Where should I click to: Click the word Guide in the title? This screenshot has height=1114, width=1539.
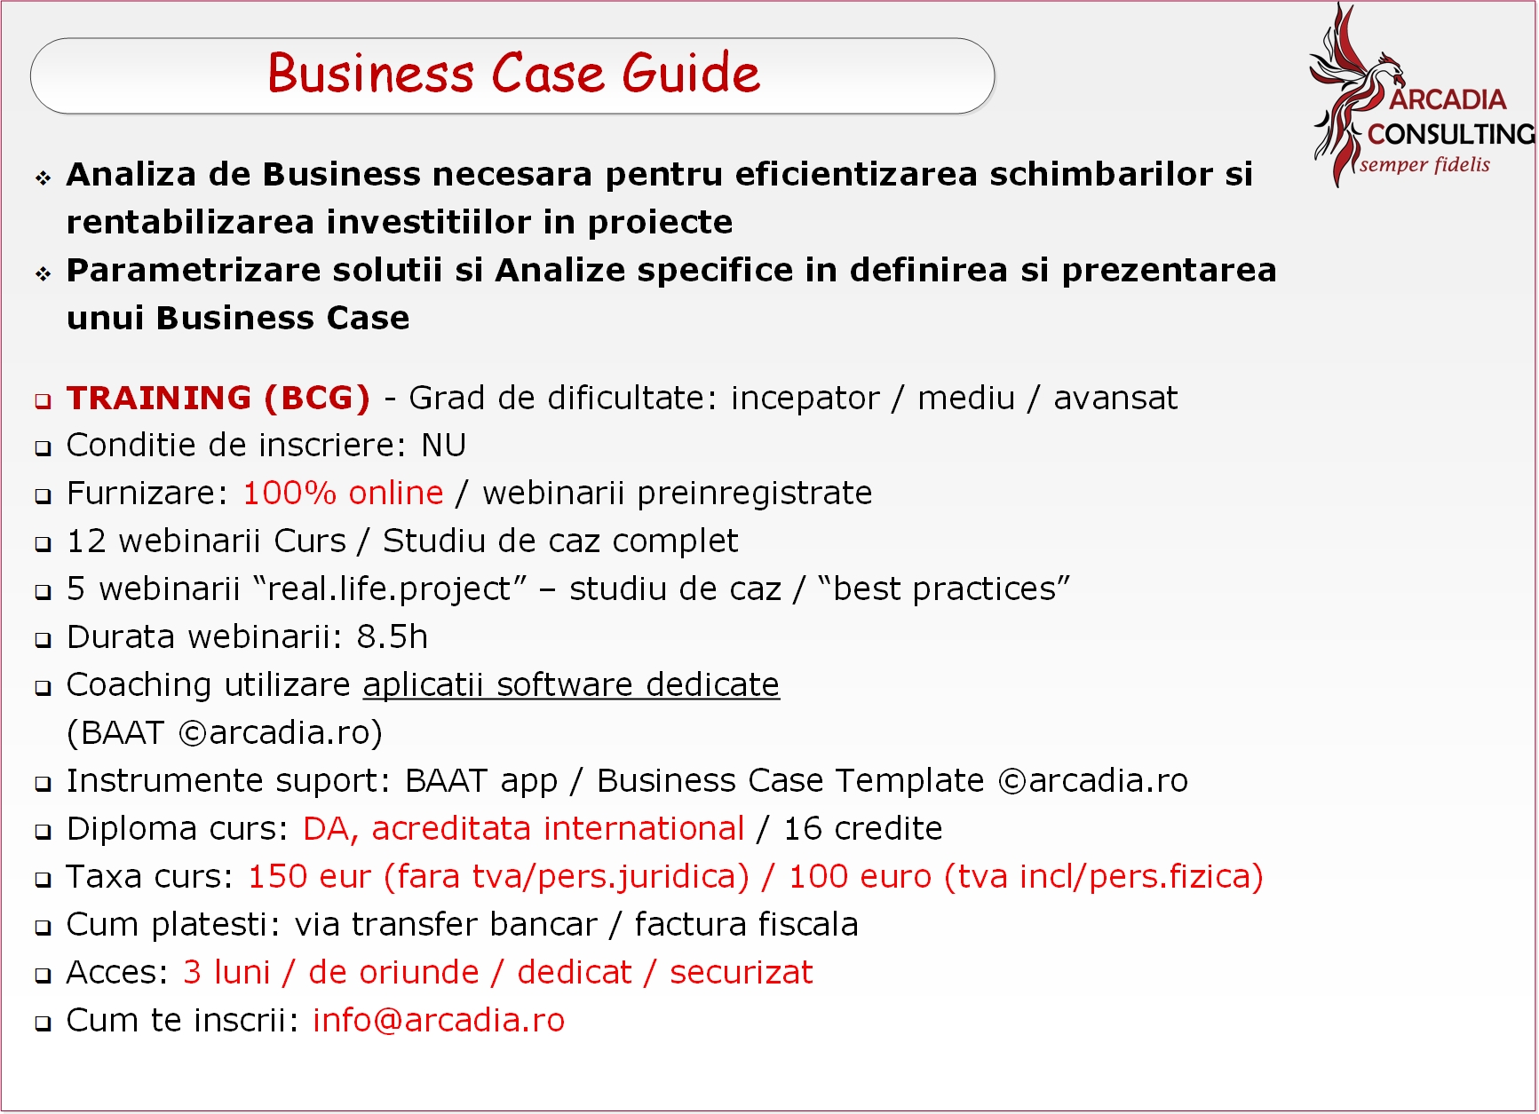click(x=691, y=73)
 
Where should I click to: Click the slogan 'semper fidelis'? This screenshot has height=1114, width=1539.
click(x=1424, y=164)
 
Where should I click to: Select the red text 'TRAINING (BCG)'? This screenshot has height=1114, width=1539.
click(x=218, y=398)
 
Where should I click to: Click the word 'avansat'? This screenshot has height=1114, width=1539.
click(x=1115, y=398)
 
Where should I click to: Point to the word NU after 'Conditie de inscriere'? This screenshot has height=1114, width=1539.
click(x=443, y=445)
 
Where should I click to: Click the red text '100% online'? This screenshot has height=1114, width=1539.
click(x=343, y=493)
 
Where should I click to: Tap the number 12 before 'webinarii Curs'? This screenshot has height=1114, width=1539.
click(x=86, y=541)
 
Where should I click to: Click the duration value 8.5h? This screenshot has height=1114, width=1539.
click(x=392, y=636)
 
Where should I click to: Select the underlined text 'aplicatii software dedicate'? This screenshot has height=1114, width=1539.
click(x=571, y=684)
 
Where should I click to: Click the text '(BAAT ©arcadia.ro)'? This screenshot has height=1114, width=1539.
click(x=225, y=732)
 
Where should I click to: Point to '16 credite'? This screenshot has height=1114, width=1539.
click(x=862, y=828)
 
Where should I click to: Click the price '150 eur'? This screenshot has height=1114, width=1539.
click(x=309, y=876)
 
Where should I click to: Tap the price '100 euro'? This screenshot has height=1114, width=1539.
click(x=860, y=876)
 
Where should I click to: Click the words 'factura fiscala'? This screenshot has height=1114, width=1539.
click(x=746, y=924)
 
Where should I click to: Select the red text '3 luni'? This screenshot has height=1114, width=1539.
click(x=226, y=972)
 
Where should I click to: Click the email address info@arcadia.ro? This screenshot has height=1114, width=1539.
click(x=439, y=1020)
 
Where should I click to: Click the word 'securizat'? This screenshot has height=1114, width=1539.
click(x=741, y=972)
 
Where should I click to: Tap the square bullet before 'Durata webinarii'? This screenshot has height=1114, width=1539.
click(x=44, y=639)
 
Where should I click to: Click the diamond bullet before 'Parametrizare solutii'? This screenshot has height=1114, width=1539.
click(x=44, y=273)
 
